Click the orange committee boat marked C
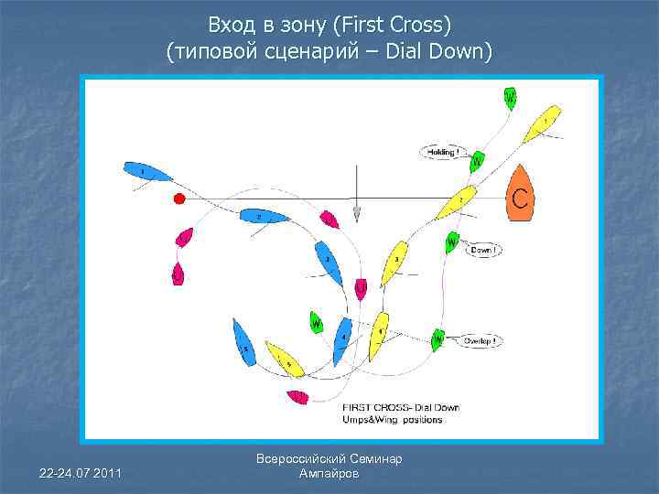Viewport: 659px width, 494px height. (520, 195)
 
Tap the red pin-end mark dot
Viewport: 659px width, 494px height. (179, 199)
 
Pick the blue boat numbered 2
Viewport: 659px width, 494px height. (262, 217)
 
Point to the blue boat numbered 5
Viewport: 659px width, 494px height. (243, 343)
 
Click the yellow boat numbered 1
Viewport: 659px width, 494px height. (542, 123)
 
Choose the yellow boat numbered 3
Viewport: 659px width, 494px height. (394, 263)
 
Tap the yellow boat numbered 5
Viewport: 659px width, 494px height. (284, 359)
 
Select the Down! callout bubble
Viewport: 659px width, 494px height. (482, 249)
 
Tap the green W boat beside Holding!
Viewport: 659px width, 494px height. (477, 162)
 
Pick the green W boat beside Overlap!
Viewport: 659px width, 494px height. (438, 339)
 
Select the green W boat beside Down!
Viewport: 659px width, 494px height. (451, 242)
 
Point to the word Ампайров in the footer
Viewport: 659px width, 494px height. (329, 474)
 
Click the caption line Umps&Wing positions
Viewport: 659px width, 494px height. (393, 420)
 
